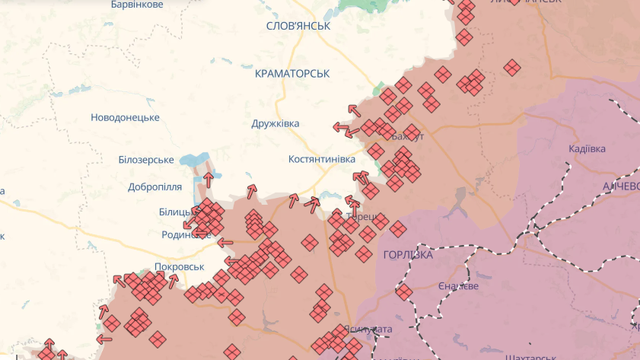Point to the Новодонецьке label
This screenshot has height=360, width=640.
(x=125, y=118)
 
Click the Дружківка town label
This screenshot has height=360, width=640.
(x=274, y=124)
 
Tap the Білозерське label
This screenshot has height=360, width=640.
(x=146, y=160)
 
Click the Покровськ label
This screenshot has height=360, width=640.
(x=179, y=267)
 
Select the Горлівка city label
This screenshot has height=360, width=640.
(x=408, y=255)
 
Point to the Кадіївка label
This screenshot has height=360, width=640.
(x=586, y=149)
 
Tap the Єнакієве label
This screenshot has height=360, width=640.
(x=458, y=286)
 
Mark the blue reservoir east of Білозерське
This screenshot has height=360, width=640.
(x=193, y=159)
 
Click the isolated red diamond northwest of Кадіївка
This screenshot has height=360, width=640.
(x=512, y=68)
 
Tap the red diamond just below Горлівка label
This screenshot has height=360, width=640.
(x=404, y=292)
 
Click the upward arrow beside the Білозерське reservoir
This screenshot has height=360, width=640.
(x=208, y=179)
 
